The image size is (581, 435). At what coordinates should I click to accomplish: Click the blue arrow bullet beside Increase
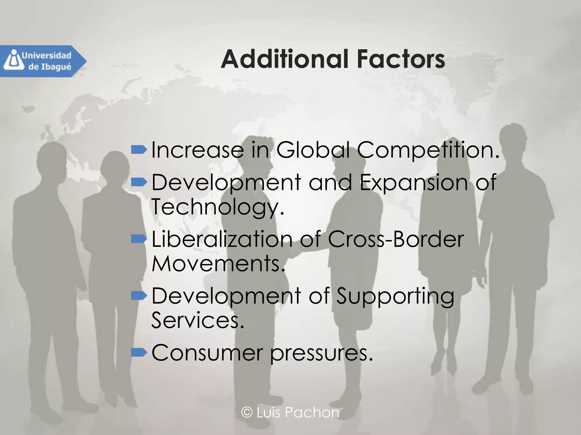(139, 149)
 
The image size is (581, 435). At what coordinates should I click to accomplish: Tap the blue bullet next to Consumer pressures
(139, 352)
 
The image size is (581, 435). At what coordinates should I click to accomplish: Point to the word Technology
(217, 207)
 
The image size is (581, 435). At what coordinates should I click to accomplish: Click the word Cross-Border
(396, 239)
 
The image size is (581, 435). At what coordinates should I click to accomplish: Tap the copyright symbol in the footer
(247, 412)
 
